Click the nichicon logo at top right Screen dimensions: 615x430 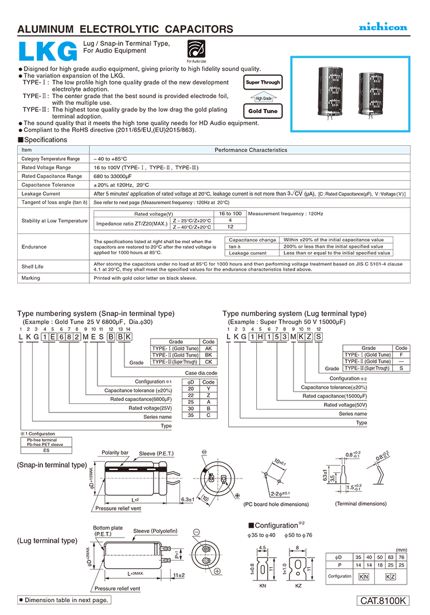[383, 27]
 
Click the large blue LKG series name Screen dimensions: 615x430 [48, 52]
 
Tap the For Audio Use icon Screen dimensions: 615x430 [196, 49]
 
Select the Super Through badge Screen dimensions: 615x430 [263, 83]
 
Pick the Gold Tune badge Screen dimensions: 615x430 [263, 111]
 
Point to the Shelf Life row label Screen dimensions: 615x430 [33, 267]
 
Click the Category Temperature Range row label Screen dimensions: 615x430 [50, 159]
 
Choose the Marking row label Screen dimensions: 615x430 [30, 278]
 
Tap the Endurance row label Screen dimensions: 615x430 [34, 247]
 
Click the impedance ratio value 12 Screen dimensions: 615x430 [230, 227]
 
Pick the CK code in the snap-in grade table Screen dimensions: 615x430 [209, 362]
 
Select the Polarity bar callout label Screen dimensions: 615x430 [115, 453]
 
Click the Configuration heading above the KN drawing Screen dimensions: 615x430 [276, 526]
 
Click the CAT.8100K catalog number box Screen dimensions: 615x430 [383, 601]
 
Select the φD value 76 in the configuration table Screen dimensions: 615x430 [401, 557]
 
